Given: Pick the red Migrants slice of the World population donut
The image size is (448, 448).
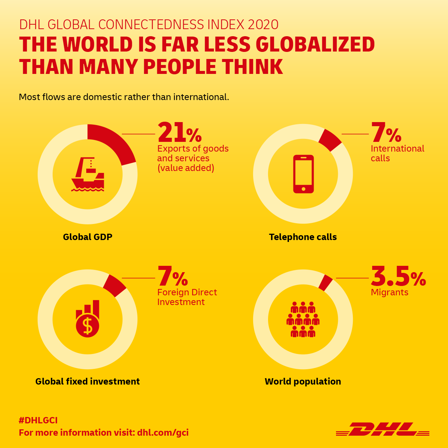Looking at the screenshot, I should [x=326, y=283].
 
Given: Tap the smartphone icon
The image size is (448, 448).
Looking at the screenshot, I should [x=303, y=174].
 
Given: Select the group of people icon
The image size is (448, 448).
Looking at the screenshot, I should [x=303, y=320].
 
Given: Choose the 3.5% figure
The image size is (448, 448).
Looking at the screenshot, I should [x=398, y=277].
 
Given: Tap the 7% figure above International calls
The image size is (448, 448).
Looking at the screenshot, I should [x=386, y=133].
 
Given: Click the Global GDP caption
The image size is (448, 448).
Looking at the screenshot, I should [x=88, y=237].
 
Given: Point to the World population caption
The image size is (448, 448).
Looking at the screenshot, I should [x=303, y=382].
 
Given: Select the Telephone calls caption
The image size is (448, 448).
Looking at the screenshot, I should [x=303, y=237].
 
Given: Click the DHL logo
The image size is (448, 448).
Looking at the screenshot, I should [x=382, y=429].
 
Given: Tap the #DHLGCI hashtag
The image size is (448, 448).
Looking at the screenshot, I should [x=38, y=420].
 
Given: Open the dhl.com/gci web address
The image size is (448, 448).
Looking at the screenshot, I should [x=163, y=433].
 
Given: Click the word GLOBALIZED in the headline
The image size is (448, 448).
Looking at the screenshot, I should [x=315, y=44].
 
